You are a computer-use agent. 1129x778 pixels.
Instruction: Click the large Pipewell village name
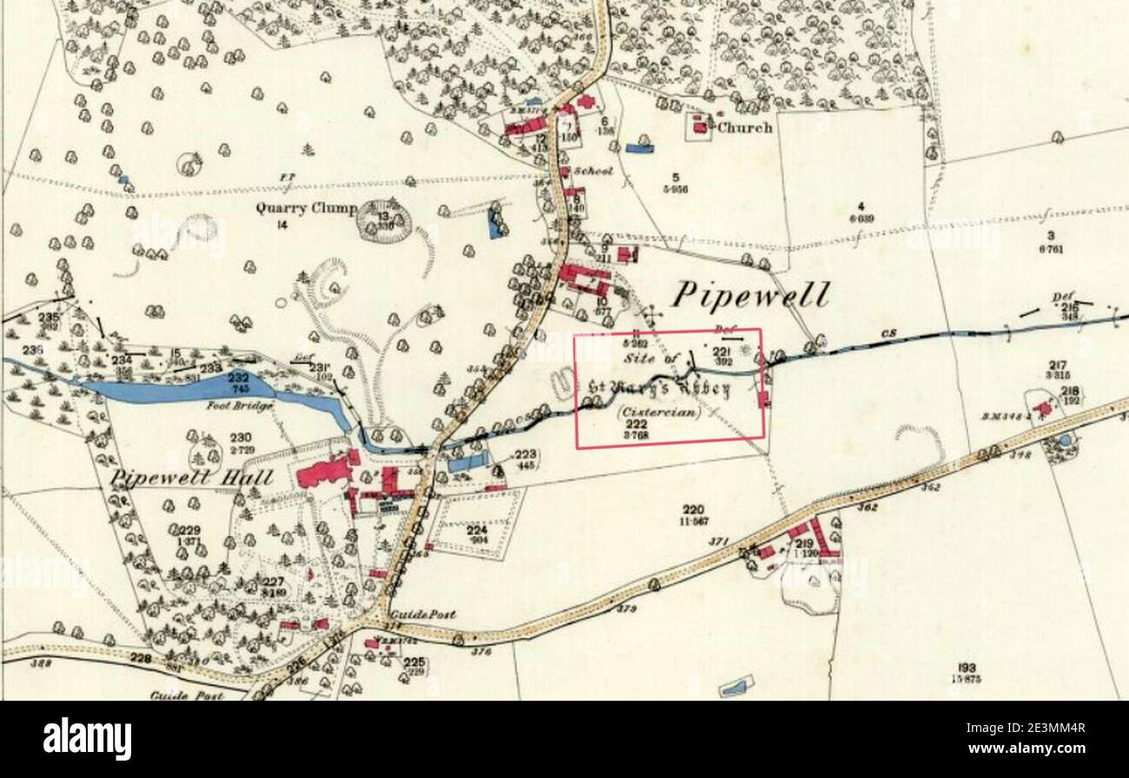pyautogui.click(x=750, y=295)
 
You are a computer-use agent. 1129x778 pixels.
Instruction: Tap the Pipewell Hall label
pyautogui.click(x=191, y=478)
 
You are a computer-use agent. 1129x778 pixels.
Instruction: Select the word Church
pyautogui.click(x=744, y=128)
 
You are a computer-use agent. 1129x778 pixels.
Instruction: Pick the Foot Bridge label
pyautogui.click(x=241, y=405)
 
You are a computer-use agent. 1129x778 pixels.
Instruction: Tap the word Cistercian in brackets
pyautogui.click(x=657, y=412)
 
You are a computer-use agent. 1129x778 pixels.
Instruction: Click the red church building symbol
pyautogui.click(x=699, y=128)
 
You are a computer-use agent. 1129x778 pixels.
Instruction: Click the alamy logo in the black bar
pyautogui.click(x=88, y=739)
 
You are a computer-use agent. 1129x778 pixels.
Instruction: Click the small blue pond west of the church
pyautogui.click(x=638, y=148)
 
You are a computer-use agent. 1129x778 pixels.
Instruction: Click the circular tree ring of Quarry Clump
pyautogui.click(x=383, y=220)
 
